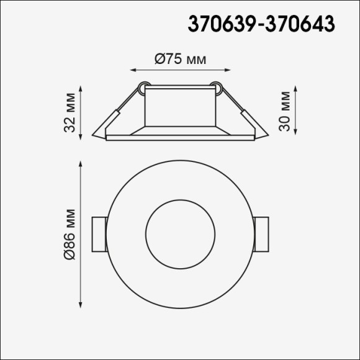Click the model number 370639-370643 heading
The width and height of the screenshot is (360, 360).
pyautogui.click(x=261, y=24)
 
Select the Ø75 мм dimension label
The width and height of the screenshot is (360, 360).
pyautogui.click(x=179, y=60)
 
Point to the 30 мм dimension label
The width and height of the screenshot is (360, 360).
pyautogui.click(x=285, y=112)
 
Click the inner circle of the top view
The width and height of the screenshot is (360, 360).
pyautogui.click(x=179, y=234)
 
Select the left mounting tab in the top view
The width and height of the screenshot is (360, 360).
pyautogui.click(x=99, y=234)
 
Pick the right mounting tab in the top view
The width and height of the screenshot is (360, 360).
pyautogui.click(x=261, y=234)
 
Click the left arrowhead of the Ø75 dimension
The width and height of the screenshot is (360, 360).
pyautogui.click(x=133, y=71)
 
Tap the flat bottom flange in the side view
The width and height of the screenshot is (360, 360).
pyautogui.click(x=179, y=137)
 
